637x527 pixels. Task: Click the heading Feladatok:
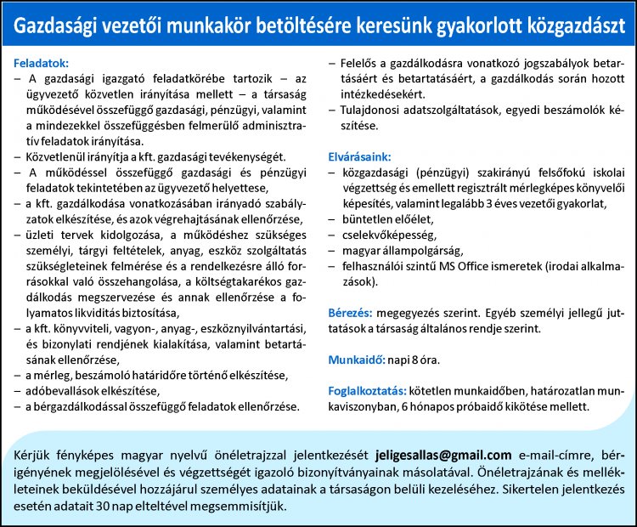point(42,63)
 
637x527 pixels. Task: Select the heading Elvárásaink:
point(360,156)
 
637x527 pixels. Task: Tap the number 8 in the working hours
point(417,360)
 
